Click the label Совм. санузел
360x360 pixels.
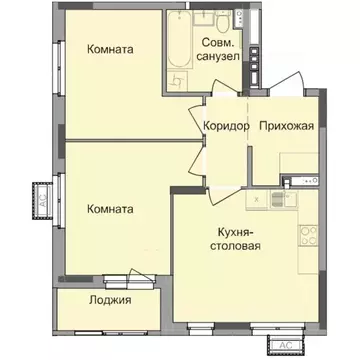(x=220, y=51)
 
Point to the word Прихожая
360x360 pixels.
(x=287, y=125)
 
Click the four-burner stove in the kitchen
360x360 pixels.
(x=306, y=239)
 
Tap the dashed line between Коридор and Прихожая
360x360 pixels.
(x=250, y=125)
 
